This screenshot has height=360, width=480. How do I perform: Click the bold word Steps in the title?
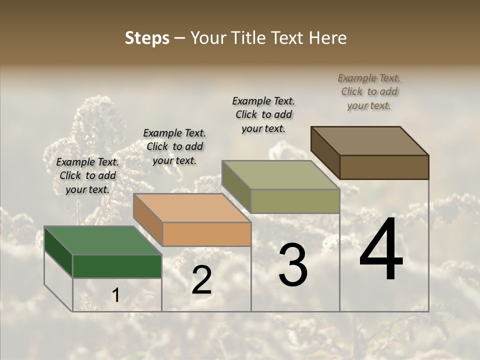(x=147, y=38)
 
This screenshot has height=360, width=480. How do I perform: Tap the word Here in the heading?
(x=327, y=38)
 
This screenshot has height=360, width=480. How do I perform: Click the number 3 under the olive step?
(x=293, y=265)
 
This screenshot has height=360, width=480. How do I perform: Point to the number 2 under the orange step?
(x=201, y=280)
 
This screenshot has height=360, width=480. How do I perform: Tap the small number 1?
(x=115, y=295)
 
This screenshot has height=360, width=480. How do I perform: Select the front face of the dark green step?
(x=117, y=266)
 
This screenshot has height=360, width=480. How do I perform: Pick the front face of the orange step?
(x=206, y=234)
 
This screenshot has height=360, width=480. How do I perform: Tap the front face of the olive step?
(x=295, y=201)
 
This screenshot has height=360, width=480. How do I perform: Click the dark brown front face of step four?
(x=384, y=167)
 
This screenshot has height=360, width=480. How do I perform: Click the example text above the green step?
(x=87, y=175)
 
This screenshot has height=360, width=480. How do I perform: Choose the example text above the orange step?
(x=174, y=146)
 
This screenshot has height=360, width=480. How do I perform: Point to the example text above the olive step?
(x=263, y=114)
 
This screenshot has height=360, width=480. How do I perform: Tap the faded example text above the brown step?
(x=369, y=91)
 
